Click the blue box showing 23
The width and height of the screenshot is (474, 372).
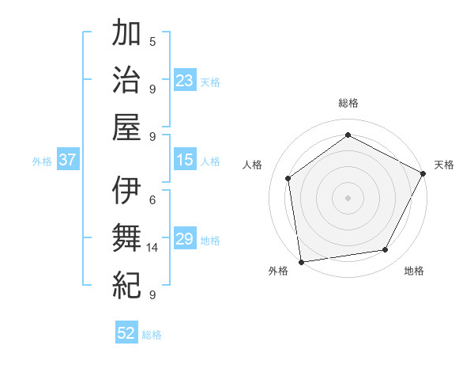click(185, 80)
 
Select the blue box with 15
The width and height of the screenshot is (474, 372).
click(185, 160)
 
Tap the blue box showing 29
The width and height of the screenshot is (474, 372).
click(185, 239)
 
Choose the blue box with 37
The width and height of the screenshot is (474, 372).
click(68, 160)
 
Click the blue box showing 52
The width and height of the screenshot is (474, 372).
click(126, 333)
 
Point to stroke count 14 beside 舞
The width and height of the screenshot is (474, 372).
click(153, 248)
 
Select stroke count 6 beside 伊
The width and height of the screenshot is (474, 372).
click(152, 200)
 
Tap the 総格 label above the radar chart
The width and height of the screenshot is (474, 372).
click(348, 103)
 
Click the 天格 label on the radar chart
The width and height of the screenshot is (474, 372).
click(444, 165)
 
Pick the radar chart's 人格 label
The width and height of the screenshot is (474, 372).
click(253, 165)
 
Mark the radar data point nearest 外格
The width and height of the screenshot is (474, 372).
click(301, 261)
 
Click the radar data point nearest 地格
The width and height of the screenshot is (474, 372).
click(386, 250)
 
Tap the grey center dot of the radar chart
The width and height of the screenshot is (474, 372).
click(348, 197)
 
